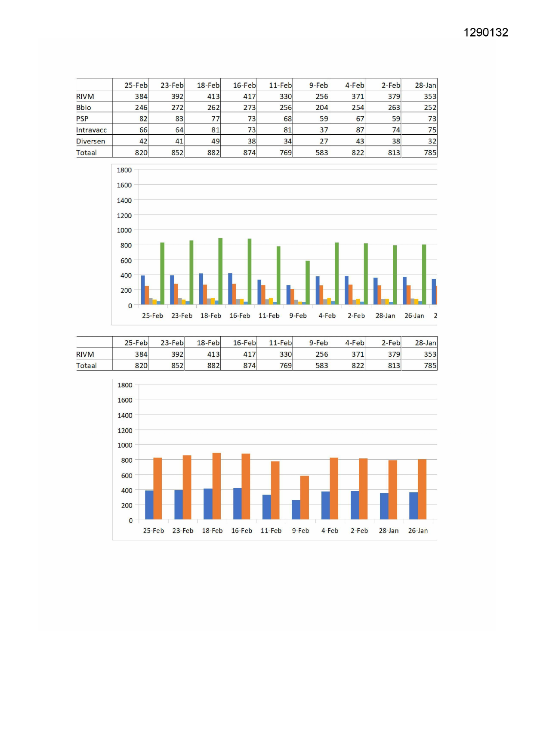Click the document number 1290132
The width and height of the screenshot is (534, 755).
pos(485,32)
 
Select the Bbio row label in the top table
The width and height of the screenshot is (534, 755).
pos(84,108)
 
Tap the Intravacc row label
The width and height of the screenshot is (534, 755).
pos(91,130)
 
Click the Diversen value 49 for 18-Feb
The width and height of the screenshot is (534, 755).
pos(215,141)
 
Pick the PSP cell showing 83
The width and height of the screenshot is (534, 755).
pos(179,119)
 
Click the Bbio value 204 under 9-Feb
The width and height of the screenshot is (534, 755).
pos(321,108)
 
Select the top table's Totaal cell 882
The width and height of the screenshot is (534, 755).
pos(213,152)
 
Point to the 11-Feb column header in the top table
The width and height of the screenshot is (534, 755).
pos(280,85)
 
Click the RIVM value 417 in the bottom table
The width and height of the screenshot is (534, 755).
pos(249,354)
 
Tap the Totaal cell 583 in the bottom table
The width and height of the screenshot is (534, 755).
pos(321,365)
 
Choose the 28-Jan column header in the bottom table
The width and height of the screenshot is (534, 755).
pos(425,343)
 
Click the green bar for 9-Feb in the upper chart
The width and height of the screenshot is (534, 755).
pos(307,282)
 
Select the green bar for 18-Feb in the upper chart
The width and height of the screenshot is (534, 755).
pos(220,271)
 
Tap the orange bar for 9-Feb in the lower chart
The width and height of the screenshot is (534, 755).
pos(304,497)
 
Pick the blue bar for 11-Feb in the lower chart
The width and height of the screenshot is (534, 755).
pos(266,507)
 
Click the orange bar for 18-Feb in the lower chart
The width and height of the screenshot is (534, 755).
pos(216,486)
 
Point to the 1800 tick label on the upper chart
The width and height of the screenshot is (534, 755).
pos(124,170)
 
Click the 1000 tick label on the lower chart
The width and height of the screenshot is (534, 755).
pos(125,445)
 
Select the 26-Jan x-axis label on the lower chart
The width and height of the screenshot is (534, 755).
pos(418,531)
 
